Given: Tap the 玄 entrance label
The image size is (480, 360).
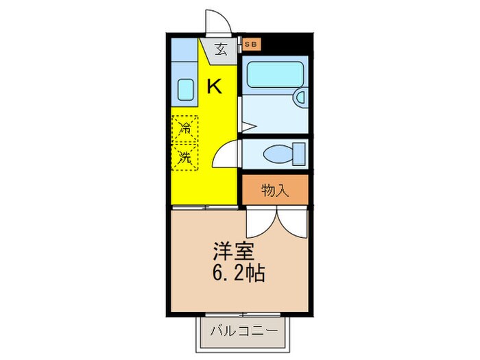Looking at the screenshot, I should tap(221, 49).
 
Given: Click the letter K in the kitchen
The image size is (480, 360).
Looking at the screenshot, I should tap(214, 86).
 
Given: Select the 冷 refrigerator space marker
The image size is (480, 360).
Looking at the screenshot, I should tap(184, 128).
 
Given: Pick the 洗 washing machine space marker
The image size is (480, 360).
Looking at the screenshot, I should tap(184, 156).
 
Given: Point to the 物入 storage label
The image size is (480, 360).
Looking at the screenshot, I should tap(274, 190).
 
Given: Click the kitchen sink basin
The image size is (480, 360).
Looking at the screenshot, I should tap(185, 89).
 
